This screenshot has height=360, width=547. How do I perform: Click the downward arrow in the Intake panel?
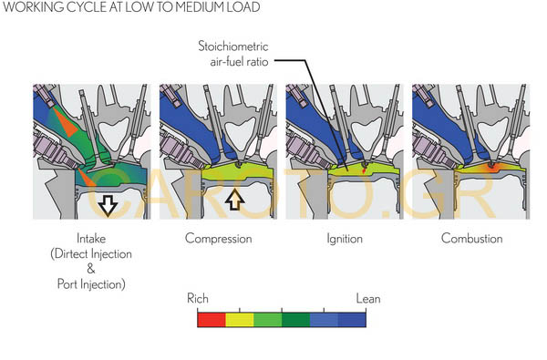tap(108, 206)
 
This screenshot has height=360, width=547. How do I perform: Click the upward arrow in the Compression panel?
tap(235, 200)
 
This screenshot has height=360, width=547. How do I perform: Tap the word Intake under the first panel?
tap(91, 239)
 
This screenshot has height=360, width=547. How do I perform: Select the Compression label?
tap(219, 239)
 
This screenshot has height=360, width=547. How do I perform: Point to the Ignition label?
tap(345, 239)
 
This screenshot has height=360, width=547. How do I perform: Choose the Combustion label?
tap(471, 239)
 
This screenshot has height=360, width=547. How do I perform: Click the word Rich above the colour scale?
tap(198, 299)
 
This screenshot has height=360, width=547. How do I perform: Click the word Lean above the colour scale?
tap(368, 299)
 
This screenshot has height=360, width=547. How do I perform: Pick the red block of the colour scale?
tap(212, 320)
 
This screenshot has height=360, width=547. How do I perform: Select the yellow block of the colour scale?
tap(240, 320)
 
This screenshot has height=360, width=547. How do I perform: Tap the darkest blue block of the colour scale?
tap(352, 320)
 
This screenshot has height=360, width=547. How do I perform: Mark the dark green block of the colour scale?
tap(295, 320)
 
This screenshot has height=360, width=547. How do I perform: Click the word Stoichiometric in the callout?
tap(233, 46)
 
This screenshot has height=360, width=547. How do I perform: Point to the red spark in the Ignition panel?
tap(364, 170)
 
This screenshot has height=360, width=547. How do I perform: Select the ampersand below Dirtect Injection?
tap(90, 269)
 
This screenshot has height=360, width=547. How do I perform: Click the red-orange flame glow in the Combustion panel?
tap(491, 168)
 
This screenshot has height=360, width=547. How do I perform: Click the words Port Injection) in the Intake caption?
tap(91, 284)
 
